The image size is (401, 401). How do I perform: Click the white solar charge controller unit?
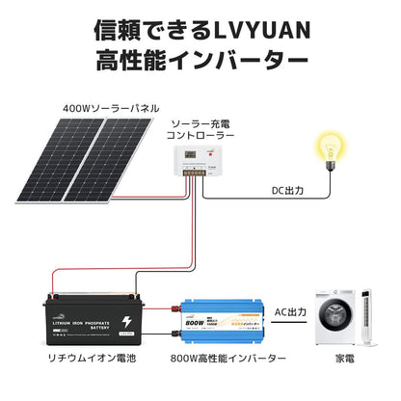(x=200, y=160)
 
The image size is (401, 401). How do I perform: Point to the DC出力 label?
(x=287, y=191)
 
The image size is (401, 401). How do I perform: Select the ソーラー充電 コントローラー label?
(x=200, y=129)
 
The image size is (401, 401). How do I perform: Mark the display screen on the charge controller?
(x=195, y=152)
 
